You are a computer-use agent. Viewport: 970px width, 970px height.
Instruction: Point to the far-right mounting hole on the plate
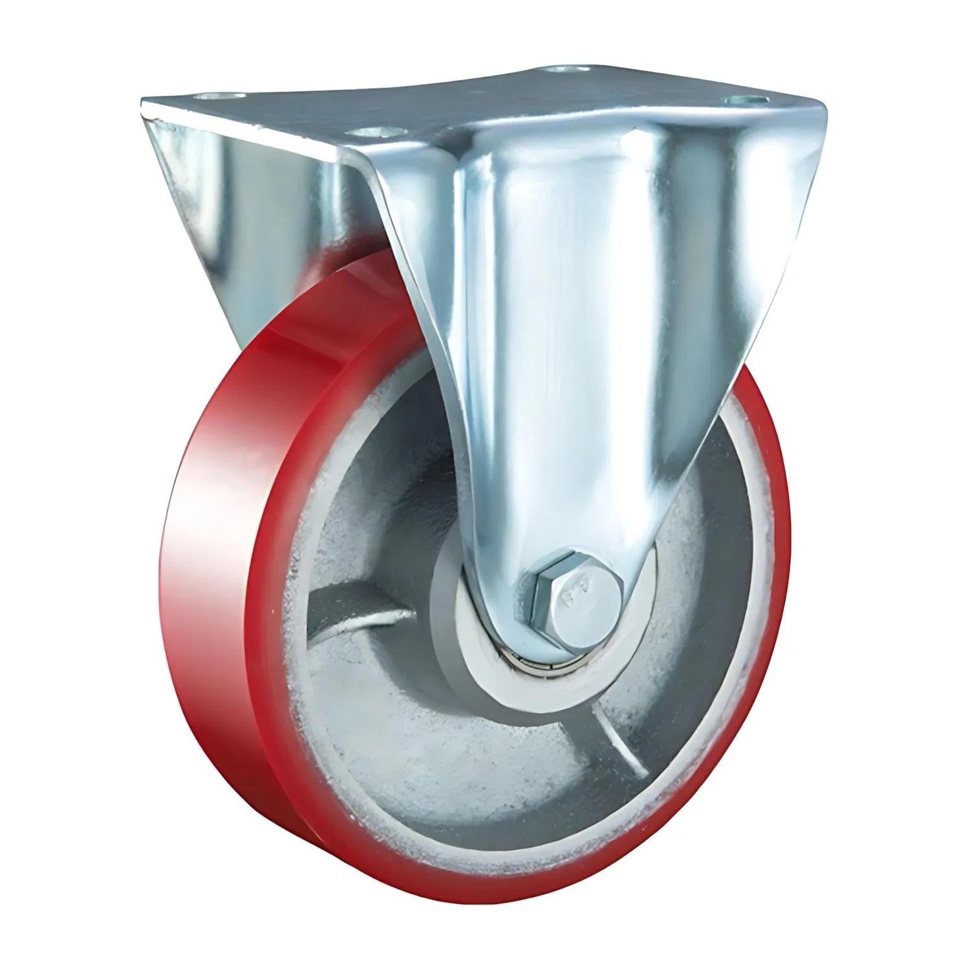click(x=744, y=100)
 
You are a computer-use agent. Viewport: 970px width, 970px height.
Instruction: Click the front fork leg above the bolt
click(x=569, y=388)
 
